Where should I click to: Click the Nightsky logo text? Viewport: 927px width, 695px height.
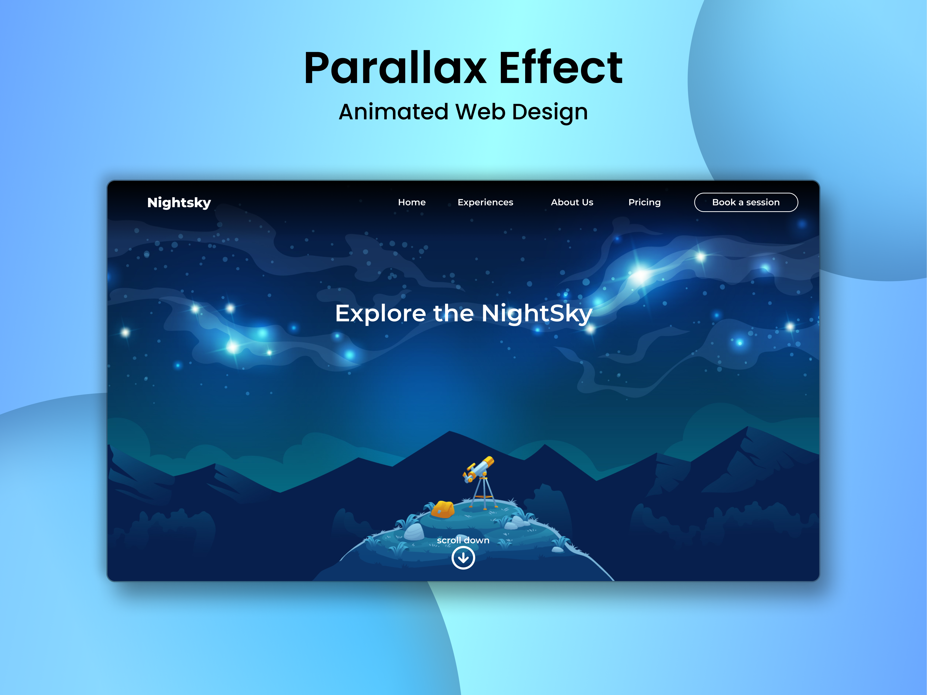click(179, 203)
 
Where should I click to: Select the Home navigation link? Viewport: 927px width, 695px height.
click(411, 202)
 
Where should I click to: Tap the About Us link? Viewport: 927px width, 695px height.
click(572, 202)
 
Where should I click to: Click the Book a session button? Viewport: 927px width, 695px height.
click(746, 202)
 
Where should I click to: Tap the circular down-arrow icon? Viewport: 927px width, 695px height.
click(463, 558)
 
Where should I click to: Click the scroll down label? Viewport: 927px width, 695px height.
click(463, 540)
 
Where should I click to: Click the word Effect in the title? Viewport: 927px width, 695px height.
click(561, 67)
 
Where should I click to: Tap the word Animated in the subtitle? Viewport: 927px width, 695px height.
click(393, 112)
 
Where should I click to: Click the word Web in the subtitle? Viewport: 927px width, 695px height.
click(480, 112)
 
